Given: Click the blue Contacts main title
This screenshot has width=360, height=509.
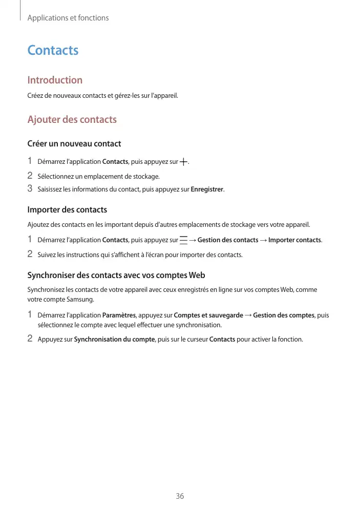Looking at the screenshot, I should [x=53, y=50].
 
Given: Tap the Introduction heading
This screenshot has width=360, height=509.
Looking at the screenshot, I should [x=55, y=80].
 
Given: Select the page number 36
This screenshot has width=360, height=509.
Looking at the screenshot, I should [x=180, y=496].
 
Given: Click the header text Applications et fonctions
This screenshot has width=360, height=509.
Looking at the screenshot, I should [x=68, y=18].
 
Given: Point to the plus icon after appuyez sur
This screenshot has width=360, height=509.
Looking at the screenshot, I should [x=184, y=162].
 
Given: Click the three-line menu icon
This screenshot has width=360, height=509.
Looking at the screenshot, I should [x=183, y=240].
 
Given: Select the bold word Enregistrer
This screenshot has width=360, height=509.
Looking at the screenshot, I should [x=207, y=189].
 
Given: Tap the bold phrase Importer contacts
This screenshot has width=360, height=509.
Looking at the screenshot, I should [x=295, y=240].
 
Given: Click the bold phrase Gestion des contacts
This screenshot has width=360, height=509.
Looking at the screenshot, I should [x=228, y=240].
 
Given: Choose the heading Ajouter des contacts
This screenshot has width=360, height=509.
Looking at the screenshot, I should [x=72, y=120].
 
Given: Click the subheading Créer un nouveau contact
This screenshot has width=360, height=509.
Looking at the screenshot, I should [x=74, y=143].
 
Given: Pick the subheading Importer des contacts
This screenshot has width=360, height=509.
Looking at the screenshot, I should [x=67, y=210].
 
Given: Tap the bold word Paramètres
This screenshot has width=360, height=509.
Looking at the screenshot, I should [x=119, y=315].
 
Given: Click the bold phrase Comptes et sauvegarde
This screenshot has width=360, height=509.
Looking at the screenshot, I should [x=208, y=315].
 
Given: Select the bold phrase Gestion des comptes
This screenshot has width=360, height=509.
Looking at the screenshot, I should [x=284, y=315].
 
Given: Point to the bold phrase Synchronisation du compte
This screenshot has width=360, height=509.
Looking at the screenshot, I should [x=114, y=339].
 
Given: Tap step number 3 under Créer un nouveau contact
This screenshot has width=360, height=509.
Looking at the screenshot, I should [x=30, y=189].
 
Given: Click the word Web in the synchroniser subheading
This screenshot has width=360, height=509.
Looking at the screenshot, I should [x=197, y=275].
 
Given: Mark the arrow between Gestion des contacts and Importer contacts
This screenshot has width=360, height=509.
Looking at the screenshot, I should [x=263, y=240].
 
